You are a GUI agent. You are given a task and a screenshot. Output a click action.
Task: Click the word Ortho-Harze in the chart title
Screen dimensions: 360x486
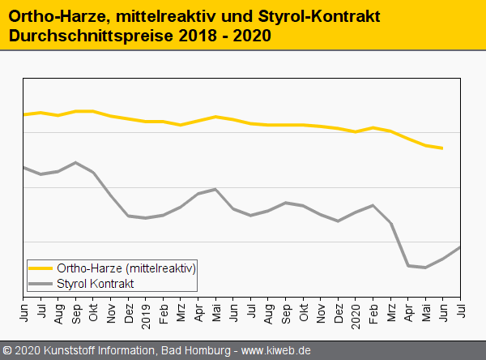coord(53,16)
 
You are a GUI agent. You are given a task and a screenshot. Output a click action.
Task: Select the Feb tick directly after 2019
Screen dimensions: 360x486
coord(164,310)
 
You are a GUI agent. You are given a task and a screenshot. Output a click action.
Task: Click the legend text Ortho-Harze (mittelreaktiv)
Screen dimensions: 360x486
coord(126,268)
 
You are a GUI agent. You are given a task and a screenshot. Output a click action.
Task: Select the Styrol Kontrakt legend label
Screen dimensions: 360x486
coord(96,283)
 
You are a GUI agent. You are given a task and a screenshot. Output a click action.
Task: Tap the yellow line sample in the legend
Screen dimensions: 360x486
coord(40,268)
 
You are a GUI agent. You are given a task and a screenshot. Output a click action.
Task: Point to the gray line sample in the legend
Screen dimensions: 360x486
coord(40,283)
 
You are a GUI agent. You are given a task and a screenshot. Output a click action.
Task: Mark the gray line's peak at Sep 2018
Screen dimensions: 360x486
coord(75,162)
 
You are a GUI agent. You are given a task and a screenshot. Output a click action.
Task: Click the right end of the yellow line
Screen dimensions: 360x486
coord(442,148)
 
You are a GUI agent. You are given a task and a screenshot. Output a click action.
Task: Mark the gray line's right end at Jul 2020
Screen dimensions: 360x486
coord(461,246)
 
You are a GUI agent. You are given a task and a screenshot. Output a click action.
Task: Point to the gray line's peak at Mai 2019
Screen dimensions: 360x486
coord(215,189)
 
